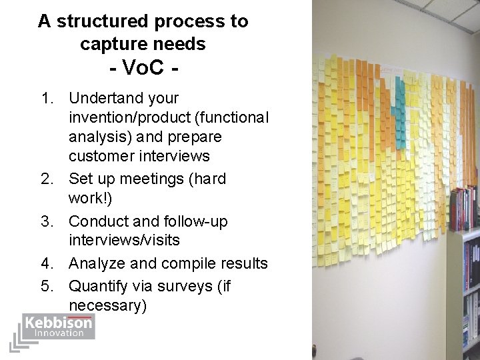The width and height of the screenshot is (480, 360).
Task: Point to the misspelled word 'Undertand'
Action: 105,99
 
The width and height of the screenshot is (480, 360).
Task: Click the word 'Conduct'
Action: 97,221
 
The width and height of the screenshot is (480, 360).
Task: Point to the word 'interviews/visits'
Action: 124,240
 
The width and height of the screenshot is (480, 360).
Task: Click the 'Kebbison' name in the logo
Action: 59,323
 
